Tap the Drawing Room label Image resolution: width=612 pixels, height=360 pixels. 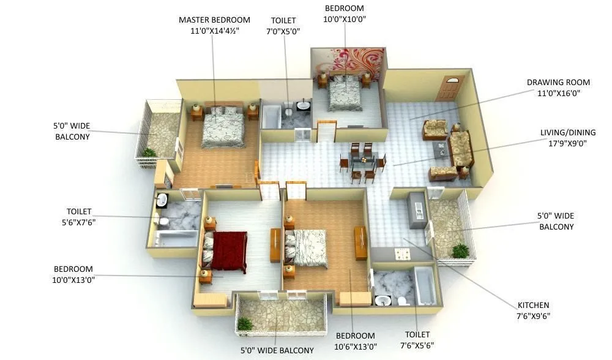(558, 83)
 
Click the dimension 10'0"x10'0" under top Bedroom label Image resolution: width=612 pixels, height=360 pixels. (343, 20)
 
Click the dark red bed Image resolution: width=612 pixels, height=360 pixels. (228, 251)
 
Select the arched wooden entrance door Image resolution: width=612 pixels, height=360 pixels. (448, 89)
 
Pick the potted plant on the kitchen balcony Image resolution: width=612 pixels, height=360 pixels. (460, 251)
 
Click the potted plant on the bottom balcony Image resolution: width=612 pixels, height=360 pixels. (245, 324)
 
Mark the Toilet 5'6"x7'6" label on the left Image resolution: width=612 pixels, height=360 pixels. (79, 217)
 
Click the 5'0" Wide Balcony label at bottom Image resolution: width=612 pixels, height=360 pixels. (277, 351)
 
